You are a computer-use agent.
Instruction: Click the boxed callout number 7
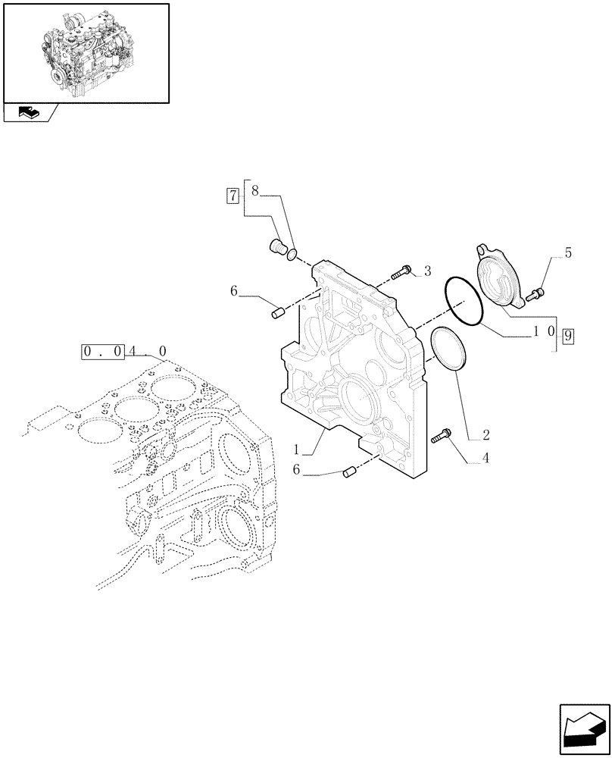coord(233,196)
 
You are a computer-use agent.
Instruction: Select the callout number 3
coord(427,271)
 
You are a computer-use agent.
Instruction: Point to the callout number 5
coord(568,253)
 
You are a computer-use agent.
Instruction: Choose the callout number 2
coord(485,436)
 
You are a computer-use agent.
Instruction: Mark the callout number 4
coord(485,459)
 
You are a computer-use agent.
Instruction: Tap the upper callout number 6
coord(235,290)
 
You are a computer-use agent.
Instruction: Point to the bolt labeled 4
coord(441,435)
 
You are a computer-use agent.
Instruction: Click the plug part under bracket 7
coord(277,246)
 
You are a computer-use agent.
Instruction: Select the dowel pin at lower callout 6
coord(348,473)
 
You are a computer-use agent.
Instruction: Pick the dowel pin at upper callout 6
coord(277,311)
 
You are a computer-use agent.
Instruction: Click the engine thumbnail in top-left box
coord(85,53)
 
